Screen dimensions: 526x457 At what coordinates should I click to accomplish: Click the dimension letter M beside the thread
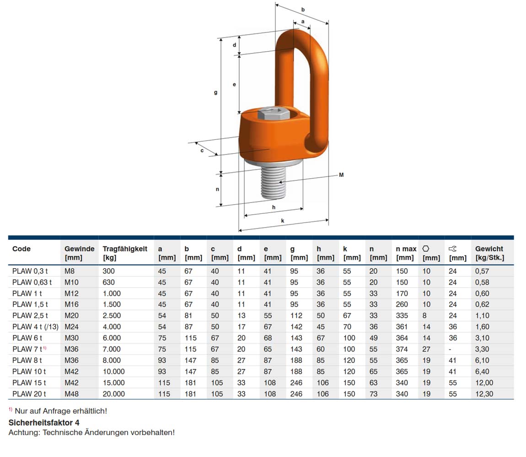coord(341,175)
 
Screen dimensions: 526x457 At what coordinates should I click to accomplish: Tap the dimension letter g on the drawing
coord(216,92)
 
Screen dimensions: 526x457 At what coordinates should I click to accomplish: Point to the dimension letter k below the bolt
coord(283,220)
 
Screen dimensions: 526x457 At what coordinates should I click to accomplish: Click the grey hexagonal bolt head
coord(274,113)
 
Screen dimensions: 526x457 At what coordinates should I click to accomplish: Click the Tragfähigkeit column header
coord(125,249)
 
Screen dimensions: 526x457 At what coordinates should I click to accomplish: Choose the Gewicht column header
coord(489,249)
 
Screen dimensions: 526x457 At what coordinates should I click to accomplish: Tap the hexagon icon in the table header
coord(426,249)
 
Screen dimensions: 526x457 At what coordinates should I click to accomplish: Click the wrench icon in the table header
coord(452,249)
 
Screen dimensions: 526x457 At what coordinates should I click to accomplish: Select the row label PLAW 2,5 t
coord(30,315)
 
